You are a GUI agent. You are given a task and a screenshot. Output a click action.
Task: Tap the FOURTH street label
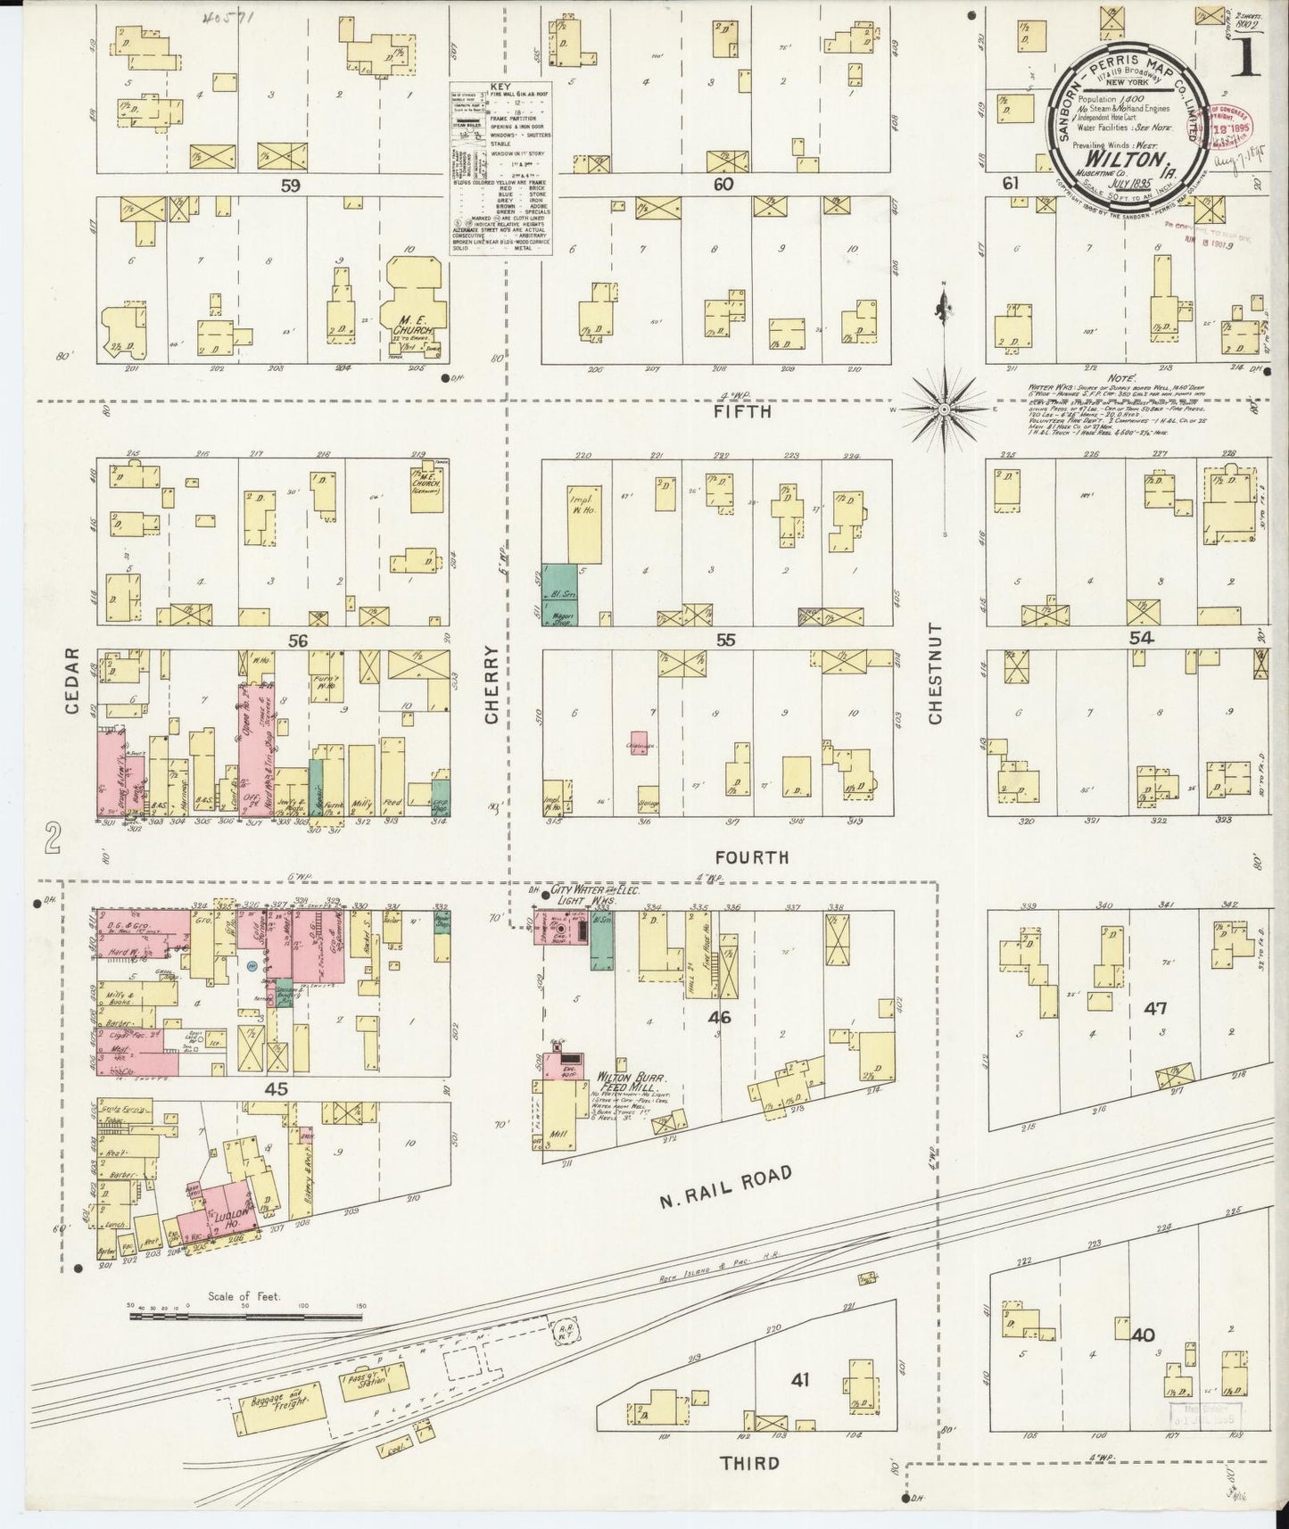click(x=751, y=857)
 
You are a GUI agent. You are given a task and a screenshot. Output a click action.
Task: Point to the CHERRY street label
click(x=492, y=682)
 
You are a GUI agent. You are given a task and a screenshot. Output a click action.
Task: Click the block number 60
click(x=723, y=185)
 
